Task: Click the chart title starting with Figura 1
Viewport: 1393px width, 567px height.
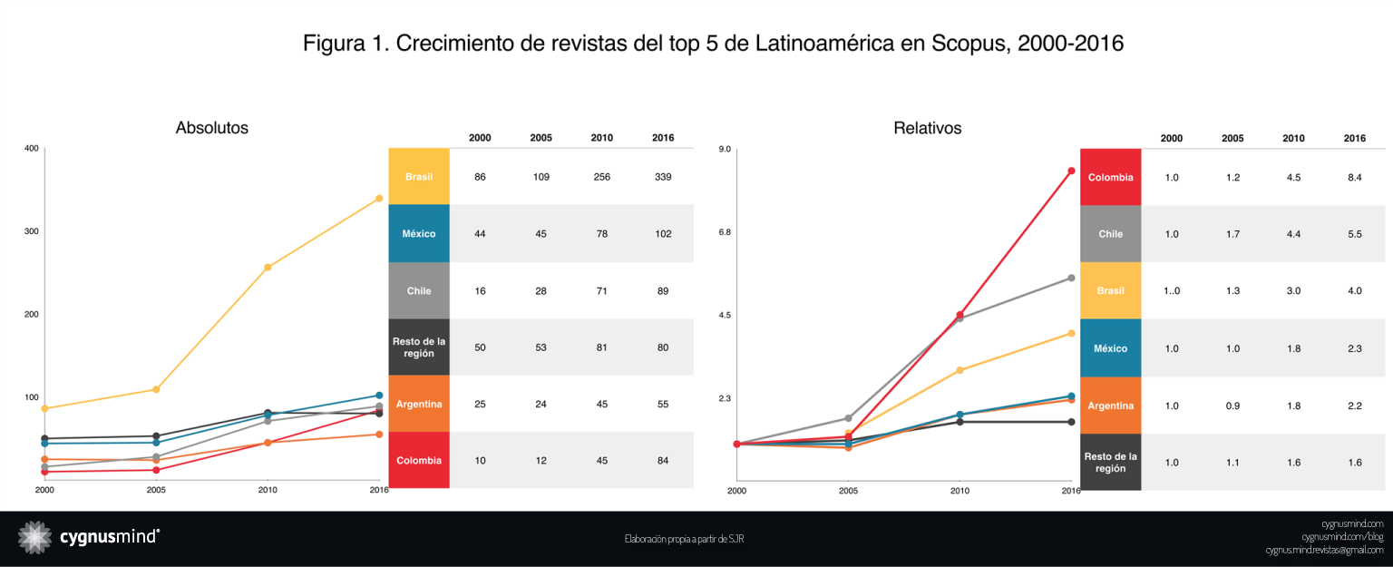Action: [713, 44]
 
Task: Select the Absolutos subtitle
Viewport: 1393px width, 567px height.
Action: [212, 128]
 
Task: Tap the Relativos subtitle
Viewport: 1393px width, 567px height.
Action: [927, 129]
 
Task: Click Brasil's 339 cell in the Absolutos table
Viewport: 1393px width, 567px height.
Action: [662, 177]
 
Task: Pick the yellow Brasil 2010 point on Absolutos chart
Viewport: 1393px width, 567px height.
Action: [268, 268]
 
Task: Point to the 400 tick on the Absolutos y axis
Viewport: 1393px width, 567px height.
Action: [32, 149]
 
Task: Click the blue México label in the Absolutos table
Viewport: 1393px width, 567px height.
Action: [419, 234]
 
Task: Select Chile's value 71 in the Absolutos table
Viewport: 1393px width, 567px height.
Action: [601, 291]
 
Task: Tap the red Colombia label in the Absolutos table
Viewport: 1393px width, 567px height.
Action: [419, 461]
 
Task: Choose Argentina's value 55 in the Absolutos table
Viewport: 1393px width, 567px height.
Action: [662, 404]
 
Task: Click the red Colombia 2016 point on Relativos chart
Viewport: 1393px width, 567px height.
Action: [1071, 171]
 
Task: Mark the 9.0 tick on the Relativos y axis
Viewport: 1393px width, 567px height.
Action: [726, 149]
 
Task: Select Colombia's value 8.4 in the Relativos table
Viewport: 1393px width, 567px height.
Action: [1355, 178]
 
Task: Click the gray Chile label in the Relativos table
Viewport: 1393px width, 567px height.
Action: [1110, 234]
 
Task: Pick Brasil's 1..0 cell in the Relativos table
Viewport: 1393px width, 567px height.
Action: [1172, 291]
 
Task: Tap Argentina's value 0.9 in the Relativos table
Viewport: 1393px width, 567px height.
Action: [1232, 406]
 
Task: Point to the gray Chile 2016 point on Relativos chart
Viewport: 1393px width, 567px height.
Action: [1071, 278]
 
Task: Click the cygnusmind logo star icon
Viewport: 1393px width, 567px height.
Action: [35, 537]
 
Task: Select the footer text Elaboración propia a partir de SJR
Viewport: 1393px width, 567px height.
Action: [684, 539]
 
